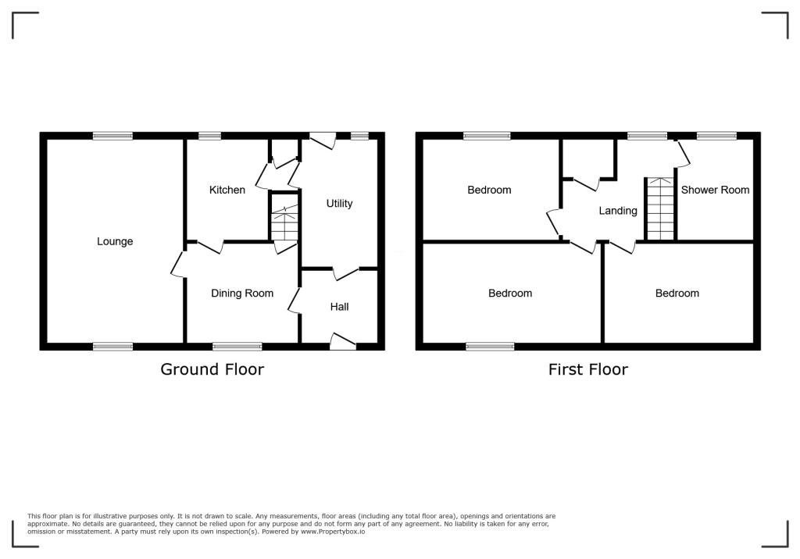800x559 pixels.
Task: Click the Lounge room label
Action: pyautogui.click(x=115, y=241)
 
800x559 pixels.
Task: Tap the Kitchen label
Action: pyautogui.click(x=227, y=190)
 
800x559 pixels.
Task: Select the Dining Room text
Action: pyautogui.click(x=242, y=294)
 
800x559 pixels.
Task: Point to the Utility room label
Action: pyautogui.click(x=339, y=204)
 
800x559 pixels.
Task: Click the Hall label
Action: pyautogui.click(x=339, y=307)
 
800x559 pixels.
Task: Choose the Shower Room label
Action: pyautogui.click(x=715, y=190)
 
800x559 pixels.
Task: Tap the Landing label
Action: pyautogui.click(x=618, y=211)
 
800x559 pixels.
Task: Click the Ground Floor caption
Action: pyautogui.click(x=212, y=369)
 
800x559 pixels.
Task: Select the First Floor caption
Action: pyautogui.click(x=587, y=369)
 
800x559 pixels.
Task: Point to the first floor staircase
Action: pyautogui.click(x=660, y=209)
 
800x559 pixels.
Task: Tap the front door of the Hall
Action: pyautogui.click(x=342, y=341)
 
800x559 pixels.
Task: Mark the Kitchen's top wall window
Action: pyautogui.click(x=209, y=136)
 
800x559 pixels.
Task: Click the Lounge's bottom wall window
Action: pyautogui.click(x=112, y=346)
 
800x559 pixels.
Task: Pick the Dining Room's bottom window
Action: pyautogui.click(x=237, y=346)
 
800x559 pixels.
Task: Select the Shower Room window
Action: pyautogui.click(x=716, y=136)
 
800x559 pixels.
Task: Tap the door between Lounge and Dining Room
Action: pyautogui.click(x=178, y=263)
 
